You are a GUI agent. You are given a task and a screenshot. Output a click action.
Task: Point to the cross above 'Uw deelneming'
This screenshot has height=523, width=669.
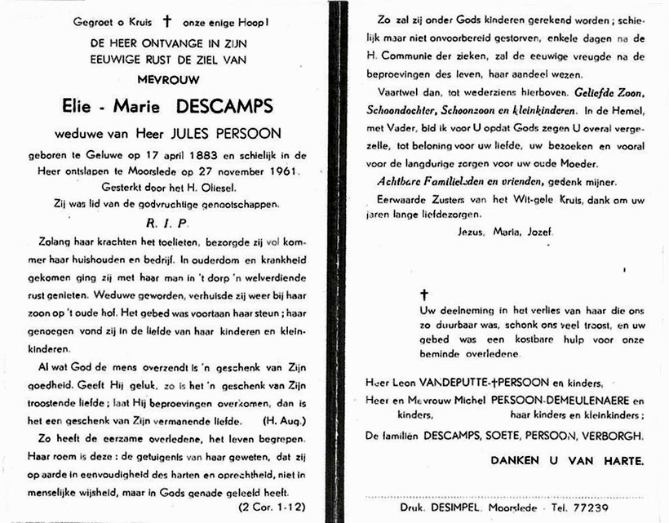423,294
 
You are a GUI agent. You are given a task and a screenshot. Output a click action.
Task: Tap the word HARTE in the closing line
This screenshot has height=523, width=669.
615,461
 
